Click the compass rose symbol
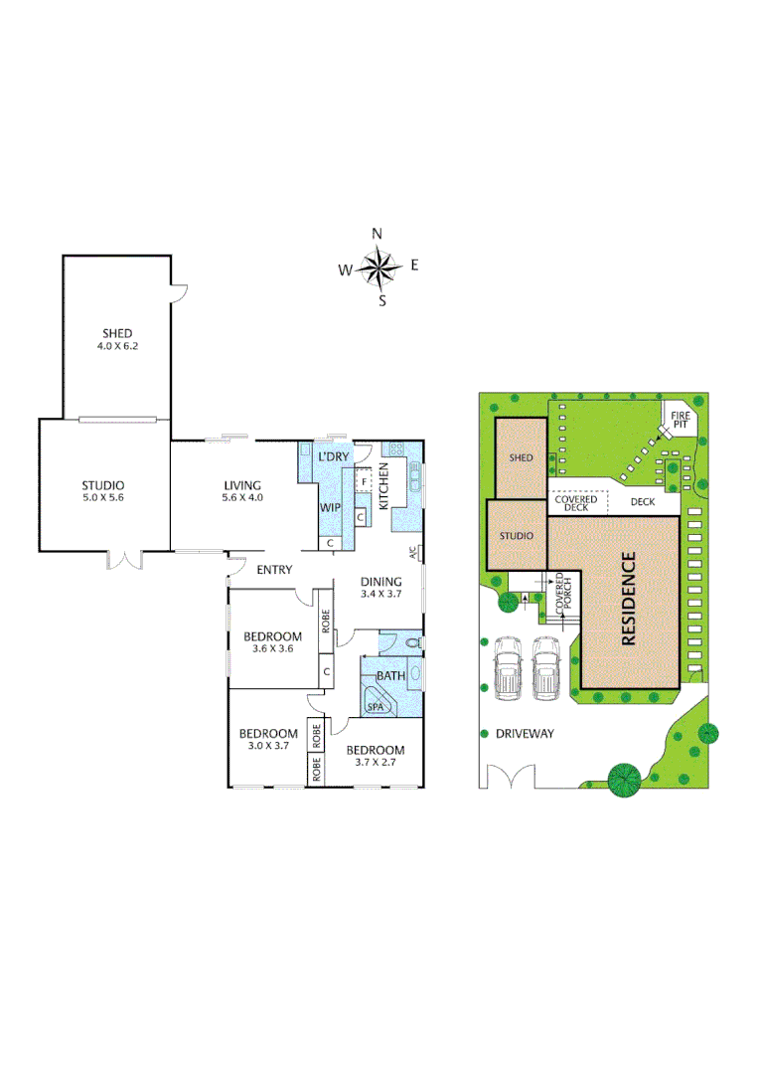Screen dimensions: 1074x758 pos(378,267)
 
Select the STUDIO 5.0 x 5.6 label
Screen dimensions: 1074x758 pos(103,493)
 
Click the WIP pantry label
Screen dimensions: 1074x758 pos(330,507)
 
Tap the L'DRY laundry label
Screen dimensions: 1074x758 pos(333,456)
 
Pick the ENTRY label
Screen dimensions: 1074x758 pos(274,570)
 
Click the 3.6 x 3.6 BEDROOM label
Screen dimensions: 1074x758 pos(272,642)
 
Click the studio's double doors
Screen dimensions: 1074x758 pos(126,560)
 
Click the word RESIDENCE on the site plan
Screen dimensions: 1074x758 pos(628,600)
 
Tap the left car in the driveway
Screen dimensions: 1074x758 pos(508,668)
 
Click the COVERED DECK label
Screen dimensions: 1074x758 pos(576,503)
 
